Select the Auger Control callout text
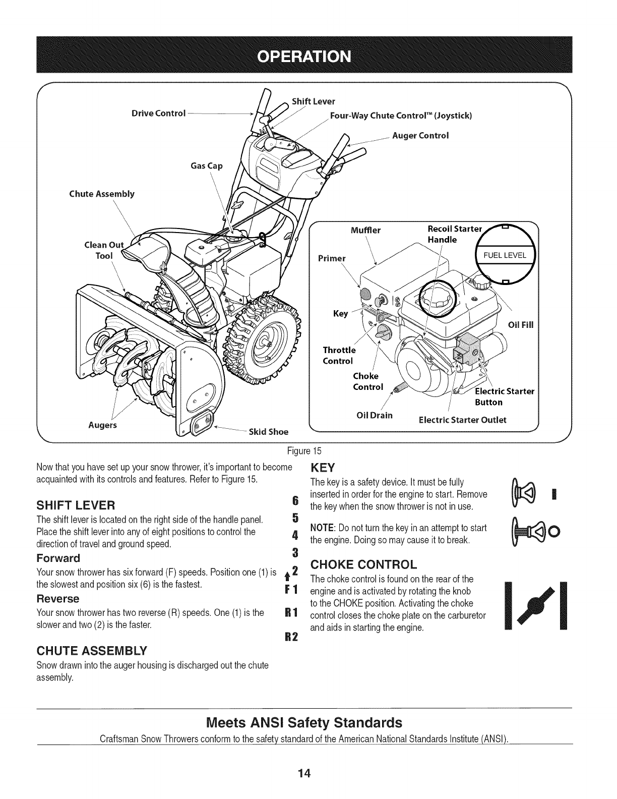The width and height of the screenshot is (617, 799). pos(420,135)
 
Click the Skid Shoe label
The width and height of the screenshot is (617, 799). pos(269,431)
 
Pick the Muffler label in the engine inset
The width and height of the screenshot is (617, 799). pos(365,231)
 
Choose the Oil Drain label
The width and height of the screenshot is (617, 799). pos(374,415)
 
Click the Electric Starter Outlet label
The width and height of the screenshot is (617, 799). pos(463,420)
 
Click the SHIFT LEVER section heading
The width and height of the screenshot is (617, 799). pos(76,505)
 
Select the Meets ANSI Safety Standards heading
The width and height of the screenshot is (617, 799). pos(304,722)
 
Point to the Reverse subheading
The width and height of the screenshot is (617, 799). pos(58,599)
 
